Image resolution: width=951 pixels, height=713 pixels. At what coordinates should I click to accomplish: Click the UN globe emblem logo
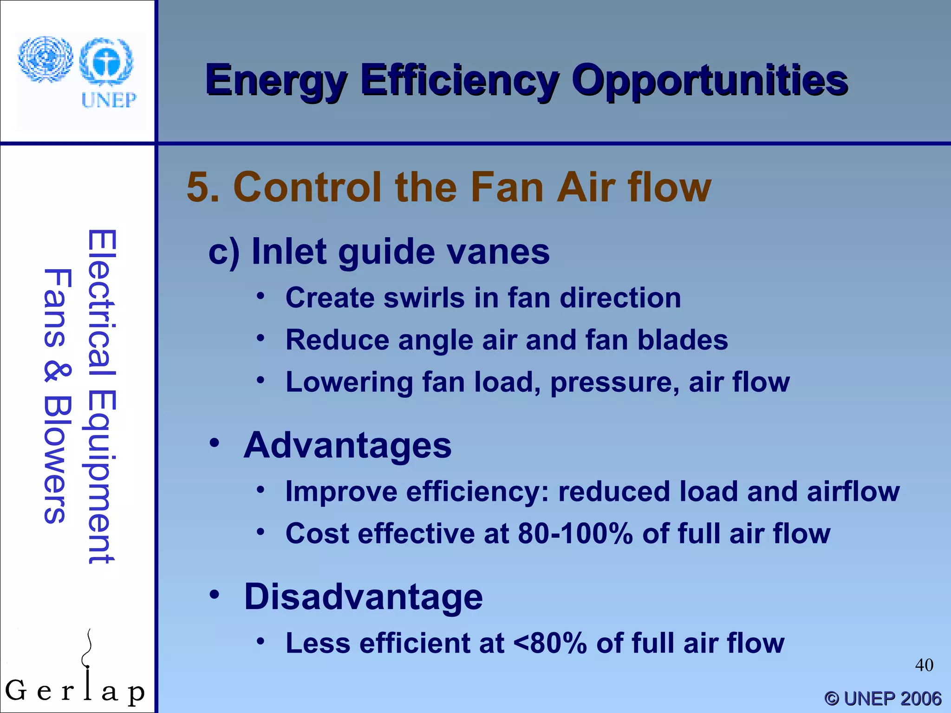click(x=46, y=59)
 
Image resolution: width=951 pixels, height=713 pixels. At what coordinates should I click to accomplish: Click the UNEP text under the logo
click(x=109, y=100)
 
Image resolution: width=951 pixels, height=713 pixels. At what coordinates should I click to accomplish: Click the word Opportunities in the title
click(x=709, y=81)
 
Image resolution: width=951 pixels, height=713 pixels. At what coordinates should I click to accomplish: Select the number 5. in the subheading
click(x=203, y=187)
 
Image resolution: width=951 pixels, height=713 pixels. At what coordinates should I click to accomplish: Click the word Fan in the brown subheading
click(x=506, y=187)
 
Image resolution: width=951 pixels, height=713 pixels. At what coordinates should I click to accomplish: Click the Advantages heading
click(x=347, y=445)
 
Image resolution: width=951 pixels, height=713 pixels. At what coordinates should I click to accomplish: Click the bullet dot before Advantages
click(x=214, y=443)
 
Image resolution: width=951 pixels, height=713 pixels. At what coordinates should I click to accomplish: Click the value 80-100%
click(x=575, y=533)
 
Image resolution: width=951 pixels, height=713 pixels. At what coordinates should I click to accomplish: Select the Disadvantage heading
click(x=363, y=596)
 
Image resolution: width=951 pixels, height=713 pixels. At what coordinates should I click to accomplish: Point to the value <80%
click(x=550, y=643)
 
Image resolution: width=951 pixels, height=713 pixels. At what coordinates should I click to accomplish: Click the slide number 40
click(x=924, y=665)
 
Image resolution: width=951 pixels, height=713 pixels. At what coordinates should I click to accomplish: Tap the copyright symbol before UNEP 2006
click(x=832, y=699)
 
